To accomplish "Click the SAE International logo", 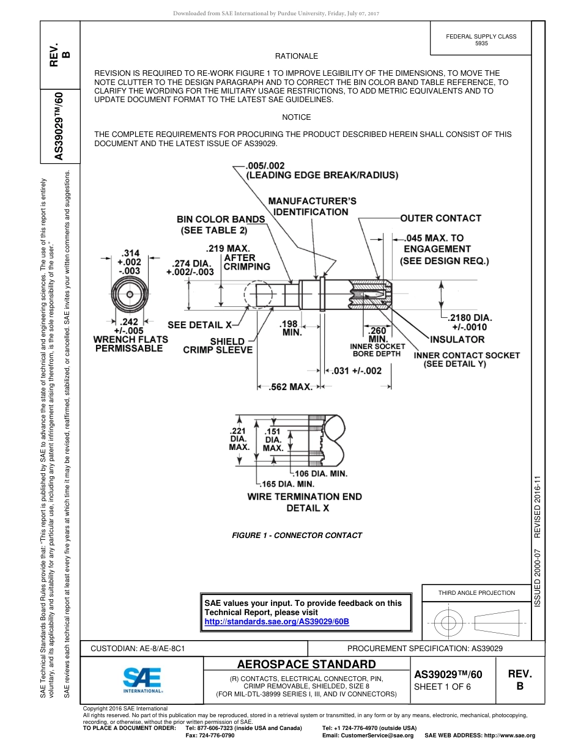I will [x=142, y=679].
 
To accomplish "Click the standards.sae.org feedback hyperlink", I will [x=276, y=621].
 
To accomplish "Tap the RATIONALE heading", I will [x=297, y=56].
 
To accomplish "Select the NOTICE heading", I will [x=297, y=117].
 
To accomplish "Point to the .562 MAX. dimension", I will [x=291, y=387].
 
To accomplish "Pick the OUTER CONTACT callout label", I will [x=440, y=218].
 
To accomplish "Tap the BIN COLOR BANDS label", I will [x=221, y=219].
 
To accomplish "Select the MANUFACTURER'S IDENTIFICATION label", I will [x=311, y=206].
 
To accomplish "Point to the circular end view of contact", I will [x=130, y=295].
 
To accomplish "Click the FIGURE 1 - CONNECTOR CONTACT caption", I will [x=297, y=535].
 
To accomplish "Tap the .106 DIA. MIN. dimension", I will [x=320, y=474].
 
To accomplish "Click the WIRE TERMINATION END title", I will [x=305, y=496].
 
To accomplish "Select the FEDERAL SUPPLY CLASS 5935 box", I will [x=481, y=40].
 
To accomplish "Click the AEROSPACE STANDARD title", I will [x=306, y=665].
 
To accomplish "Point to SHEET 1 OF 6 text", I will [x=443, y=687].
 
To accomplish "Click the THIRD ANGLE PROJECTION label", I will [x=476, y=592].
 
